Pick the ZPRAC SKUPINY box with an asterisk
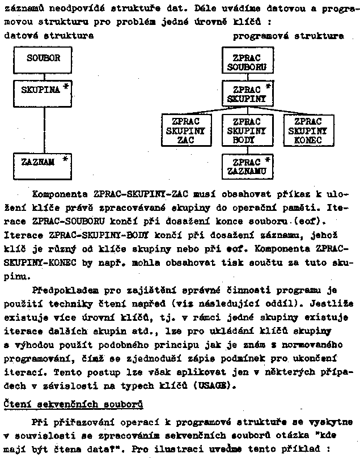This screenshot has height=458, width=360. click(247, 94)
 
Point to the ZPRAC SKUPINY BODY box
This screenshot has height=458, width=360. click(247, 130)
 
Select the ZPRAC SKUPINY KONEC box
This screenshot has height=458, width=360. click(308, 130)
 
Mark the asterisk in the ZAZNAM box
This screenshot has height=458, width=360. click(65, 160)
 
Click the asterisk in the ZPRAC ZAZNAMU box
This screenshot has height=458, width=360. click(268, 160)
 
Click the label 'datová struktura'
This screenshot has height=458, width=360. click(49, 36)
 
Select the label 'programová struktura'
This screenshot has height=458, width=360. click(289, 36)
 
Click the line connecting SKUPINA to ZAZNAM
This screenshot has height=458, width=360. click(44, 129)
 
